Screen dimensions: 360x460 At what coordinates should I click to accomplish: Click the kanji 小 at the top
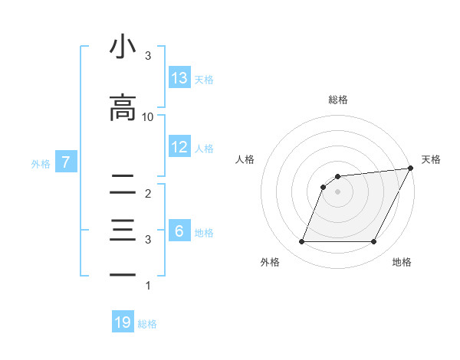(x=123, y=47)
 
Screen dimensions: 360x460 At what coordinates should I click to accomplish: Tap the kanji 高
(x=123, y=108)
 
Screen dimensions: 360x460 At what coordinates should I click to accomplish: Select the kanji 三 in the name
(x=123, y=230)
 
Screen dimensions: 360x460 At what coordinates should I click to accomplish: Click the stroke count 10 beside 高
(x=148, y=116)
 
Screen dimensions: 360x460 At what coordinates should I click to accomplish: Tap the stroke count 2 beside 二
(x=148, y=193)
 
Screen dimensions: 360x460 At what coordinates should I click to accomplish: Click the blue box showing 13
(x=179, y=78)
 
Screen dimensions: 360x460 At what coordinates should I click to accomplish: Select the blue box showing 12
(x=179, y=147)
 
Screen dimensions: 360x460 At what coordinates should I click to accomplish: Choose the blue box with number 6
(x=179, y=231)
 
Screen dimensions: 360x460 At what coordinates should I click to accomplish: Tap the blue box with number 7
(x=67, y=162)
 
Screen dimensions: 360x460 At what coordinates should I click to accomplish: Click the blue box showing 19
(x=123, y=322)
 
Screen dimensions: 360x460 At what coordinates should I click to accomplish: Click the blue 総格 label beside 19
(x=147, y=324)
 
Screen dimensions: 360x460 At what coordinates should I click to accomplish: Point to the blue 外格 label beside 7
(x=41, y=163)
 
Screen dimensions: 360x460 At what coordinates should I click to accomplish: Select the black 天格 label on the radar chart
(x=431, y=159)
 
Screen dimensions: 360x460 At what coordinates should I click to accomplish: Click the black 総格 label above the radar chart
(x=338, y=100)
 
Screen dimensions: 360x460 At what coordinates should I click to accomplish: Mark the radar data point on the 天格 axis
(x=411, y=169)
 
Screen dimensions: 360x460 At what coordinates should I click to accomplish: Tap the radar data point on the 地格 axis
(x=374, y=242)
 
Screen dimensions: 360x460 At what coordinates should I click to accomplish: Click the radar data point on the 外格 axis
(x=301, y=242)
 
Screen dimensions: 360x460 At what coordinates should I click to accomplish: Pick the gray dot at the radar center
(x=337, y=192)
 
